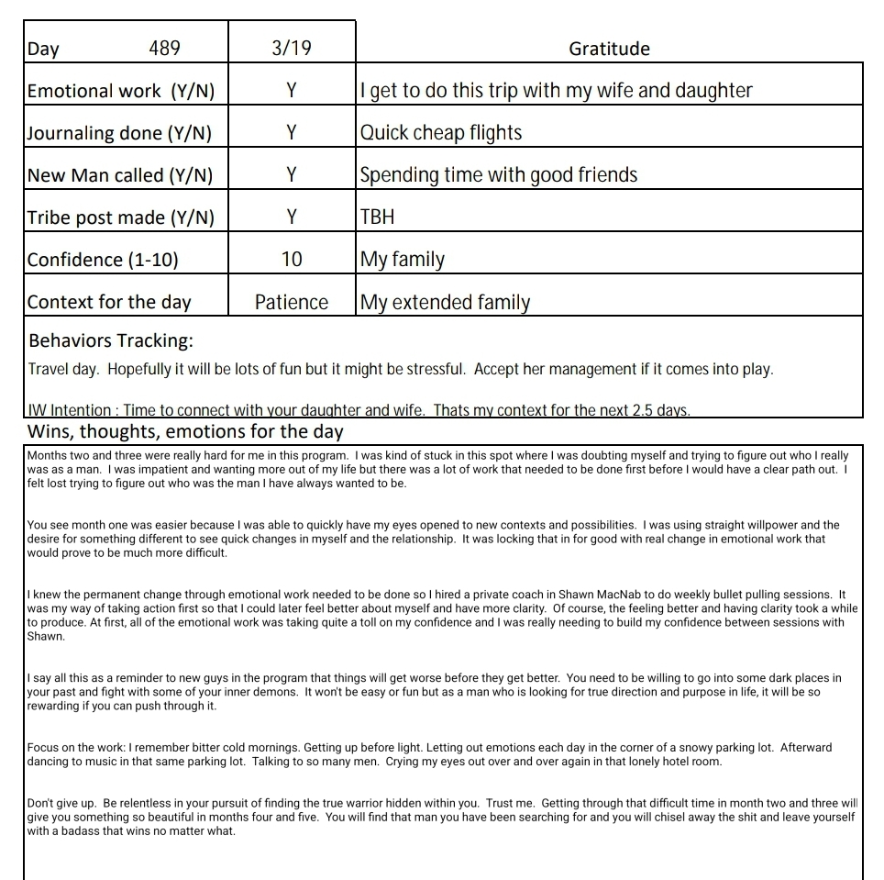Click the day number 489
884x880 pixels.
point(164,49)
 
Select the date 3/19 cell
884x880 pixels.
point(292,49)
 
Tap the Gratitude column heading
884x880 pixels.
point(609,49)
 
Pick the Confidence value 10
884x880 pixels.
point(292,260)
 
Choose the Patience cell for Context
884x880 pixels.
point(292,302)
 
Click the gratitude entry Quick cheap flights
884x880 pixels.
point(441,133)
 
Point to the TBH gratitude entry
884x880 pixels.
point(378,217)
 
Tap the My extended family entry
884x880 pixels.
point(446,302)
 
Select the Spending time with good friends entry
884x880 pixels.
point(499,175)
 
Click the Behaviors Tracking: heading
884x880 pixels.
point(111,341)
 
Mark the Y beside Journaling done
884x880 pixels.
point(292,133)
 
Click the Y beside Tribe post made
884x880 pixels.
point(292,217)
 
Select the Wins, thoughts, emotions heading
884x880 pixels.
point(185,431)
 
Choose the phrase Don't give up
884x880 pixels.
point(61,803)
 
